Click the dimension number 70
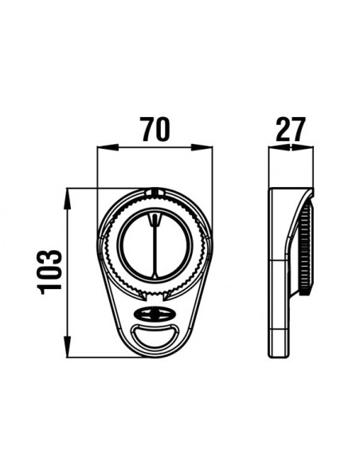[155, 129]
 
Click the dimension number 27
[291, 129]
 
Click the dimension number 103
[49, 272]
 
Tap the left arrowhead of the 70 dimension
[108, 147]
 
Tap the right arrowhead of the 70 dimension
[202, 147]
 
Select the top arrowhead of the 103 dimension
[68, 199]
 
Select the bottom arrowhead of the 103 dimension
[68, 346]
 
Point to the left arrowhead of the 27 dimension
[279, 147]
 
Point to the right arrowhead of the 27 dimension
[303, 147]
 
